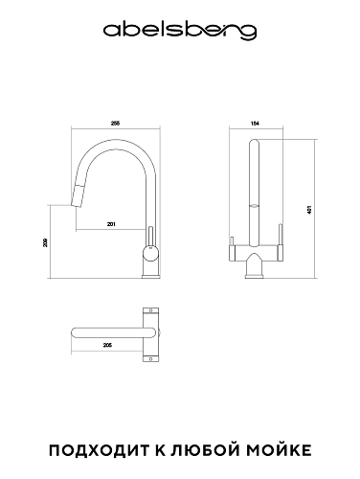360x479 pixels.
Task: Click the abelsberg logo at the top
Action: coord(180,32)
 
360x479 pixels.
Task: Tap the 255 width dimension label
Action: coord(115,124)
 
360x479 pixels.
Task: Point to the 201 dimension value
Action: coord(111,224)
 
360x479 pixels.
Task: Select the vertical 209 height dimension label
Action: coord(45,242)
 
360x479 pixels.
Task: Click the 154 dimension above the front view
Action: coord(256,124)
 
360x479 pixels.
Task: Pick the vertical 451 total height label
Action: coord(309,210)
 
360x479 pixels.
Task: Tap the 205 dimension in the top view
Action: coord(107,345)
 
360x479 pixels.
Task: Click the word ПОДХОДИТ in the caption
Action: coord(99,450)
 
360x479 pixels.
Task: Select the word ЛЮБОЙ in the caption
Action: coord(205,449)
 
